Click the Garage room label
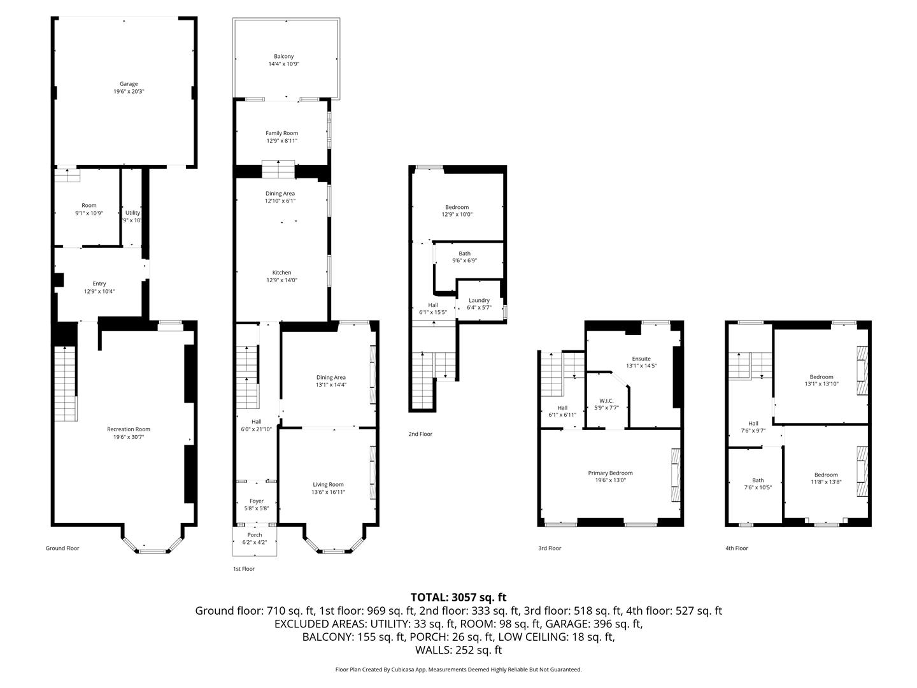pyautogui.click(x=129, y=84)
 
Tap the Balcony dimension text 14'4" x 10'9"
pyautogui.click(x=283, y=64)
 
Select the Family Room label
pyautogui.click(x=282, y=133)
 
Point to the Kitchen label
pyautogui.click(x=281, y=273)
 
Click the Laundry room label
pyautogui.click(x=479, y=300)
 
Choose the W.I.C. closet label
pyautogui.click(x=606, y=401)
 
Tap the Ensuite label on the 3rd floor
pyautogui.click(x=641, y=359)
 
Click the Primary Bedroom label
pyautogui.click(x=610, y=473)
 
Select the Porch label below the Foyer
pyautogui.click(x=255, y=534)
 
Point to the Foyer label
pyautogui.click(x=257, y=501)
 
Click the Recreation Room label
pyautogui.click(x=129, y=429)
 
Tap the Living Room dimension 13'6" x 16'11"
pyautogui.click(x=329, y=492)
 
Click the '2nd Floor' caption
pyautogui.click(x=420, y=434)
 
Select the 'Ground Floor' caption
pyautogui.click(x=62, y=548)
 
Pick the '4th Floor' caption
pyautogui.click(x=737, y=548)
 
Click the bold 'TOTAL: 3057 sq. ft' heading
pyautogui.click(x=458, y=598)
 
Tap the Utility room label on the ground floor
pyautogui.click(x=133, y=213)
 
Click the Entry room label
pyautogui.click(x=99, y=283)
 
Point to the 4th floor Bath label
pyautogui.click(x=758, y=480)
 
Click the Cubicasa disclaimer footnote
pyautogui.click(x=458, y=669)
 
